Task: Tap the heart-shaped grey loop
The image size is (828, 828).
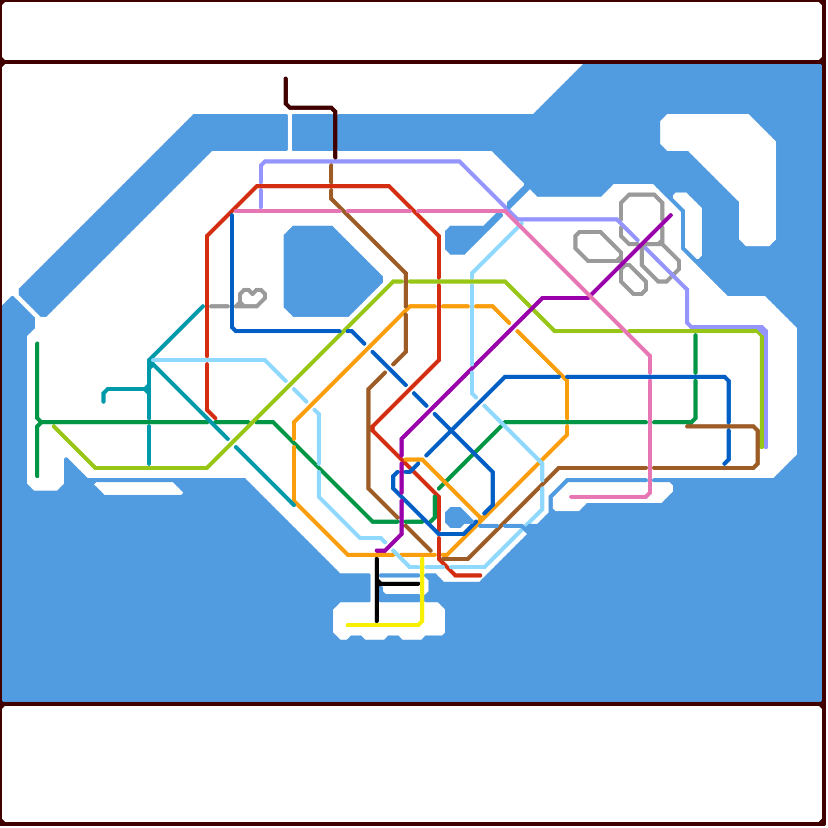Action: coord(253,298)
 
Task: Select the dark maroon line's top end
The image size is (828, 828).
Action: coord(286,79)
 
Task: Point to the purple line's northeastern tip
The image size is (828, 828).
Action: coord(670,215)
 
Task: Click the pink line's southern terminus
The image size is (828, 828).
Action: coord(571,497)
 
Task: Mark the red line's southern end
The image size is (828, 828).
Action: coord(480,575)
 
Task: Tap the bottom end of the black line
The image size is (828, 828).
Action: coord(377,621)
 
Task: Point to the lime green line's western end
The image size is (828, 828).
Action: coord(54,426)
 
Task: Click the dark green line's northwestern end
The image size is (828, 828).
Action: coord(37,344)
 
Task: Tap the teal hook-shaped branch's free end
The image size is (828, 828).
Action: coord(103,402)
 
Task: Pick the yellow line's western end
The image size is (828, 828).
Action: coord(348,625)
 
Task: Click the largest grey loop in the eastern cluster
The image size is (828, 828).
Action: coord(642,217)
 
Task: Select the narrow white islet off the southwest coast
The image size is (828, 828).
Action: coord(139,488)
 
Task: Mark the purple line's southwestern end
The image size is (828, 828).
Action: coord(377,551)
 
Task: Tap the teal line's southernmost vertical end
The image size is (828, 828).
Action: coord(149,464)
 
